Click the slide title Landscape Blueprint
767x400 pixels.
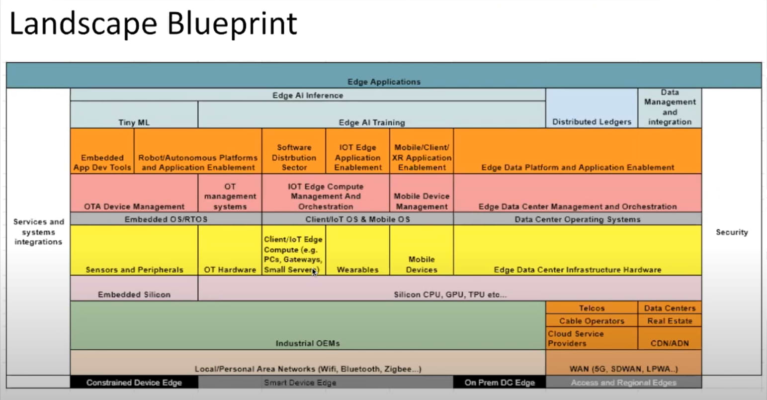pyautogui.click(x=153, y=24)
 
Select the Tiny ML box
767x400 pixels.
pyautogui.click(x=134, y=115)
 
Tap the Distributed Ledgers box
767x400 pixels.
pyautogui.click(x=592, y=108)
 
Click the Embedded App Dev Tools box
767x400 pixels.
pyautogui.click(x=102, y=152)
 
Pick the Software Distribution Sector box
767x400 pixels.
pyautogui.click(x=294, y=152)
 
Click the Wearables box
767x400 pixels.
pyautogui.click(x=357, y=251)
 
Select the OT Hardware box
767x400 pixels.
pyautogui.click(x=230, y=251)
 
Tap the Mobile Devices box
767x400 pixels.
pyautogui.click(x=422, y=251)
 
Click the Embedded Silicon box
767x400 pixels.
pyautogui.click(x=134, y=289)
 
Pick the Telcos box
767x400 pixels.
pyautogui.click(x=592, y=308)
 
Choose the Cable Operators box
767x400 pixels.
pyautogui.click(x=592, y=321)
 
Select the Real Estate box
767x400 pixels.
pyautogui.click(x=670, y=321)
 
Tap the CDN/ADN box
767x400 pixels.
pyautogui.click(x=670, y=338)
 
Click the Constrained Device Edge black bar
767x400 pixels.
pyautogui.click(x=134, y=383)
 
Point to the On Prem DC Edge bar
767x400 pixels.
pyautogui.click(x=500, y=383)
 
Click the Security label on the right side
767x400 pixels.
pyautogui.click(x=732, y=232)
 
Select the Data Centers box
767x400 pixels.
pyautogui.click(x=670, y=308)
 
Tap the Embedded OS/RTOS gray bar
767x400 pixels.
pyautogui.click(x=166, y=219)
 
